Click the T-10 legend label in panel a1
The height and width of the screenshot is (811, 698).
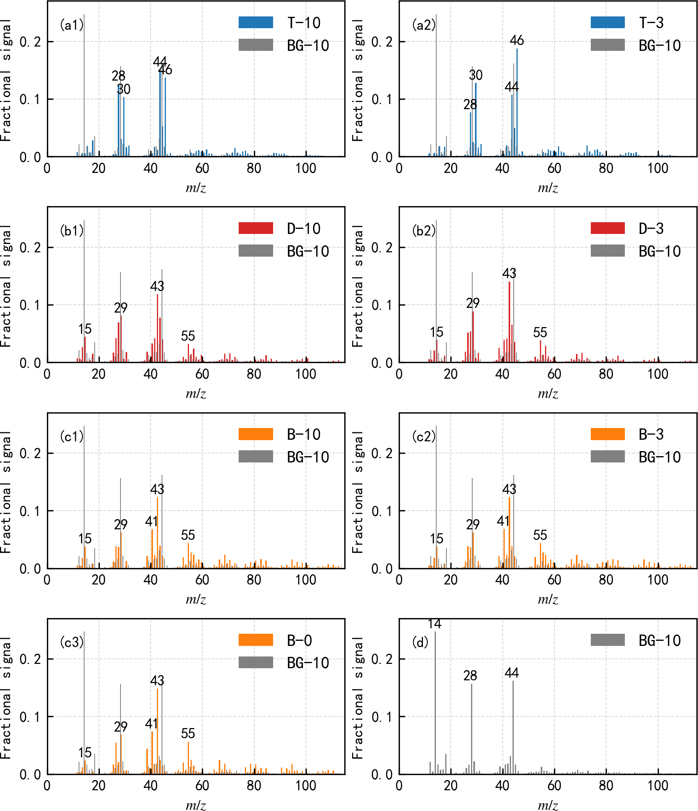click(303, 23)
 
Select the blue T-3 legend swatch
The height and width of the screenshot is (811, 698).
click(607, 22)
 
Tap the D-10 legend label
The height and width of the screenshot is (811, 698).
click(303, 228)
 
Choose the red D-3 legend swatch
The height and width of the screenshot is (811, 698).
click(607, 228)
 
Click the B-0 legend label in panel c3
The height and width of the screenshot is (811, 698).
click(299, 640)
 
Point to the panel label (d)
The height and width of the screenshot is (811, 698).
click(420, 642)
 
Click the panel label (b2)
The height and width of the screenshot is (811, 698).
click(424, 230)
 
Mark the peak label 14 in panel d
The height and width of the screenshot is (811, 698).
click(434, 624)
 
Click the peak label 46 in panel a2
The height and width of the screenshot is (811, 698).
click(516, 40)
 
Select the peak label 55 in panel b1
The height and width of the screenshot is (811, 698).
click(187, 336)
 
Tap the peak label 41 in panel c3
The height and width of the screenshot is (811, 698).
click(151, 724)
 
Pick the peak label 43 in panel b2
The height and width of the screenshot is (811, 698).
click(509, 273)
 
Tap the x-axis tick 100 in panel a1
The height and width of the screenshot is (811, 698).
click(305, 169)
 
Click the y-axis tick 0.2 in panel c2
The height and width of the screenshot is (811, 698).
click(382, 453)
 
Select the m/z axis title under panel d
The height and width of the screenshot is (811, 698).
click(547, 805)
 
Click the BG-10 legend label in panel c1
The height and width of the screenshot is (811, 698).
click(308, 457)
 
